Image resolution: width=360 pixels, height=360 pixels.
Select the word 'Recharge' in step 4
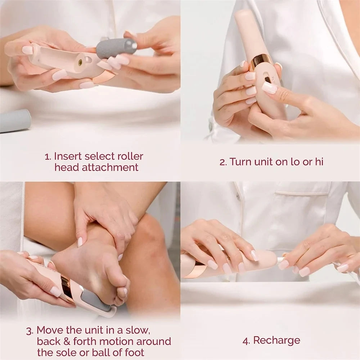coord(276,340)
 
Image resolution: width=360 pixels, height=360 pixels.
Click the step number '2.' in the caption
coord(223,162)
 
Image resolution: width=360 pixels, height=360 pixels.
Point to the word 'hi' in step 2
coord(319,162)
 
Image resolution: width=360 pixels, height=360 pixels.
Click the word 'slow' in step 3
coord(135,330)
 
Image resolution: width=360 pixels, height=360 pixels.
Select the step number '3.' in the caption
coord(30,330)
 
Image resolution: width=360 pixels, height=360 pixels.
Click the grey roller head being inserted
coord(116,48)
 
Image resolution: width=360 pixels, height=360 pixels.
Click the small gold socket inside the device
coord(80,62)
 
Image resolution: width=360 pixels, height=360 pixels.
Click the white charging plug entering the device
coord(280,260)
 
